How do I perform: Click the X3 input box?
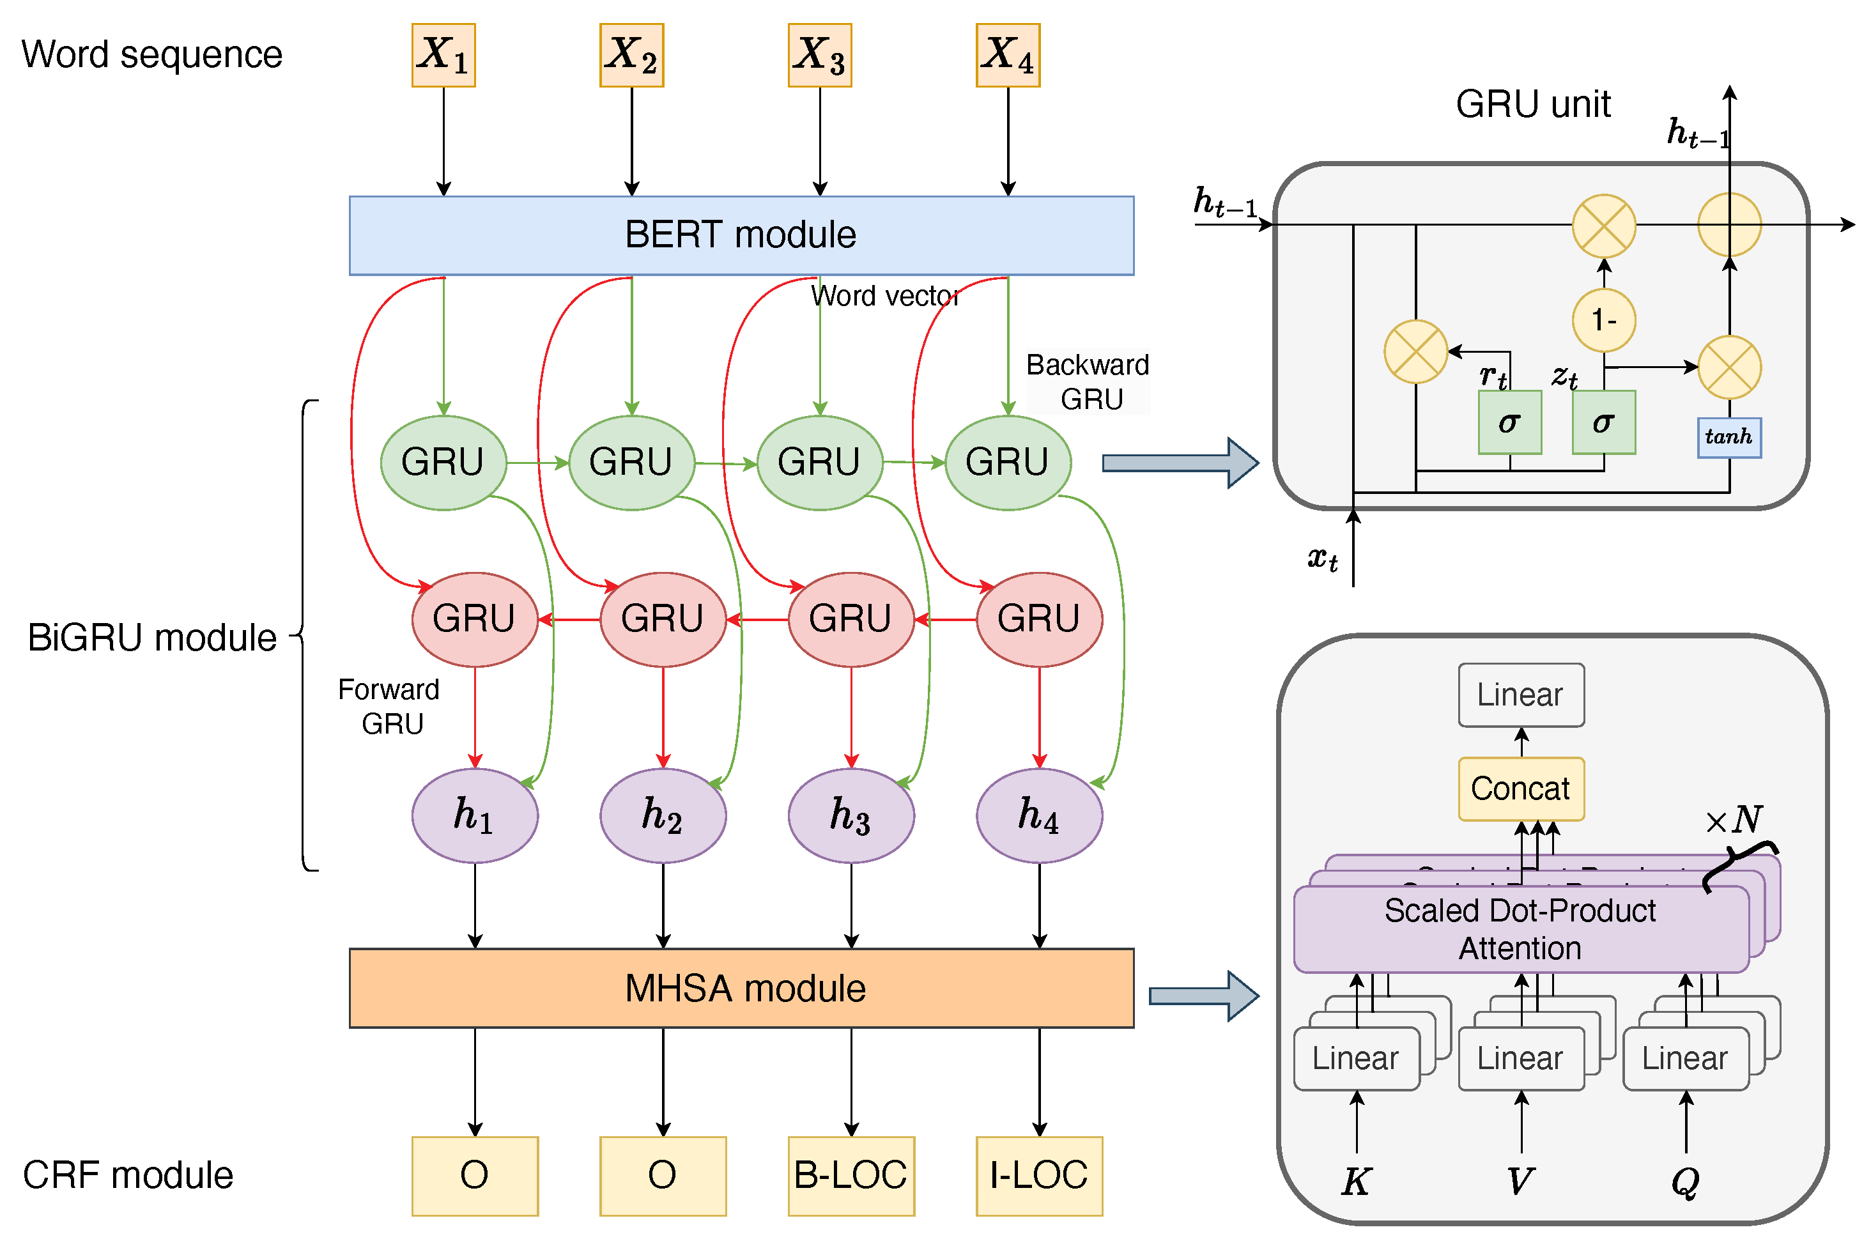click(x=820, y=55)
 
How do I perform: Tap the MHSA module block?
click(x=741, y=988)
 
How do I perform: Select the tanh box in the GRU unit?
click(x=1729, y=438)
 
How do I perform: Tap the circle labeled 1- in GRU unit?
click(x=1604, y=320)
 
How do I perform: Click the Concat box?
click(x=1521, y=789)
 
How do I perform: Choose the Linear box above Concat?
click(x=1521, y=695)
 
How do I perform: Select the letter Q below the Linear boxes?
click(x=1685, y=1181)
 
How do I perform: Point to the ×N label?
click(x=1734, y=820)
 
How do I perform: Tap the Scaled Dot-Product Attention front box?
click(x=1520, y=929)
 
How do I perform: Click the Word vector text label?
click(x=885, y=296)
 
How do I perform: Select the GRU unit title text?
click(x=1533, y=104)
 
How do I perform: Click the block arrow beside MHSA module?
click(x=1204, y=996)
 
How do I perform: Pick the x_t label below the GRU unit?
click(x=1322, y=559)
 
